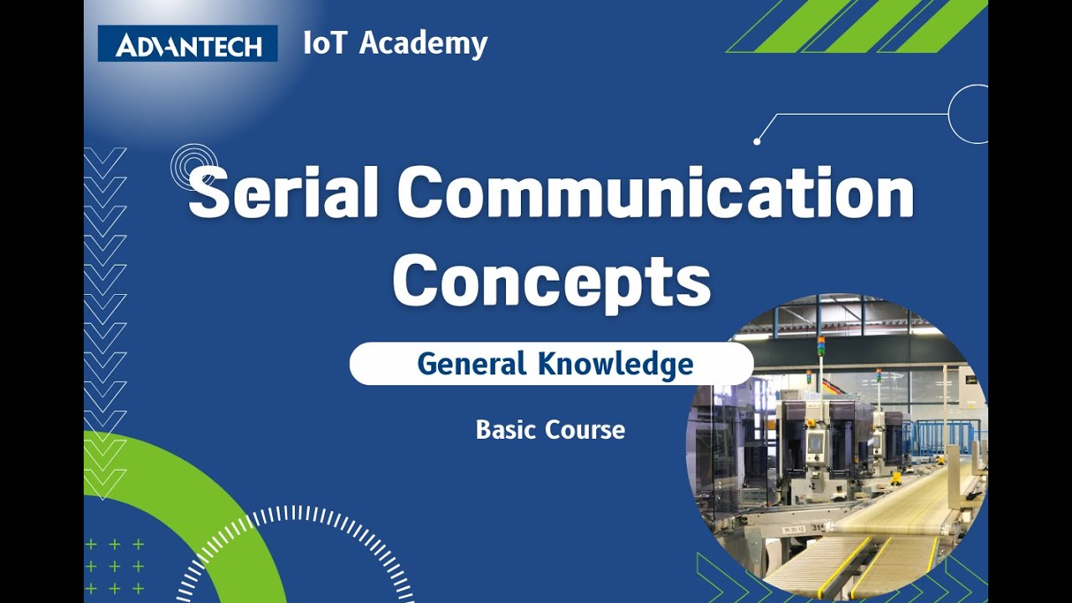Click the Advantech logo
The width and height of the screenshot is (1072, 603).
coord(188,44)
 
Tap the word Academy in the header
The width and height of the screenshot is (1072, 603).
coord(424,43)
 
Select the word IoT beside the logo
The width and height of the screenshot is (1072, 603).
coord(325,43)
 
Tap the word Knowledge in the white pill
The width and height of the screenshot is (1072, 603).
coord(616,364)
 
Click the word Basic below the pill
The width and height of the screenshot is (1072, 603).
coord(507,430)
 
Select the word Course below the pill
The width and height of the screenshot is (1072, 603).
coord(586,430)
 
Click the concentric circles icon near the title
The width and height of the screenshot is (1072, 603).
coord(193,167)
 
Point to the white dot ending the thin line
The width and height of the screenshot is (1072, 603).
coord(757,142)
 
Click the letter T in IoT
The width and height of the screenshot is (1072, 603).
coord(338,43)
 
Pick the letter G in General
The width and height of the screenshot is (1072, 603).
coord(428,364)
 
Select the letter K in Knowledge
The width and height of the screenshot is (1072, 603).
coord(549,364)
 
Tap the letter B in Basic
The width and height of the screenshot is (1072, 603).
coord(483,430)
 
